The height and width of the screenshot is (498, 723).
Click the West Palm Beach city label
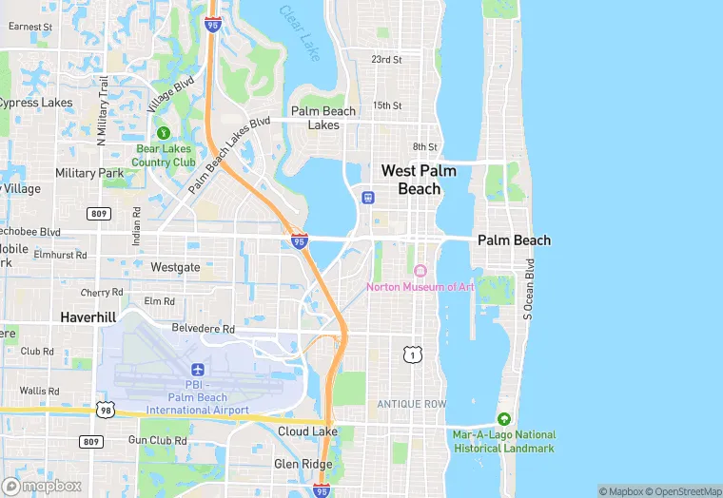click(x=419, y=180)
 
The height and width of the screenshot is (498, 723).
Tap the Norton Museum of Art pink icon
click(x=420, y=271)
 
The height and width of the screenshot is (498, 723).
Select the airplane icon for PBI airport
click(x=198, y=369)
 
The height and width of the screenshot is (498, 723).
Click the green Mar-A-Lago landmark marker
click(x=503, y=419)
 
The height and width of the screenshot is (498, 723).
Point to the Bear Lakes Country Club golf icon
click(x=164, y=133)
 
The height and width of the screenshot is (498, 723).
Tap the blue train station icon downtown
click(x=368, y=198)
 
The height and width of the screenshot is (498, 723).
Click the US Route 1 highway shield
click(x=411, y=355)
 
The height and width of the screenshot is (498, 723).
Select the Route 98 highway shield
click(x=105, y=409)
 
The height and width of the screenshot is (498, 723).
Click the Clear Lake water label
click(x=299, y=28)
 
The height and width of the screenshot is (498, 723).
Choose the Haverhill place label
click(x=88, y=316)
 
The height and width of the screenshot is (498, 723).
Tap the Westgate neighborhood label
click(x=175, y=268)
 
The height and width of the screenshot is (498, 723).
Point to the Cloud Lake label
click(x=307, y=431)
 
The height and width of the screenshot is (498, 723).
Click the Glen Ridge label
click(x=303, y=464)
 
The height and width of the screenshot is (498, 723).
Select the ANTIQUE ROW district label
click(x=411, y=404)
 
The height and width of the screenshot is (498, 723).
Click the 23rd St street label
click(x=386, y=59)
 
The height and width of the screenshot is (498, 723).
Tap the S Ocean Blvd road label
click(x=529, y=286)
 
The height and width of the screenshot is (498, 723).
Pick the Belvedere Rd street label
click(x=202, y=328)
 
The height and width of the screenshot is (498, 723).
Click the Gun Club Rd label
click(x=158, y=440)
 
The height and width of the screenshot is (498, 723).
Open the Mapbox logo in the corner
click(x=42, y=485)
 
